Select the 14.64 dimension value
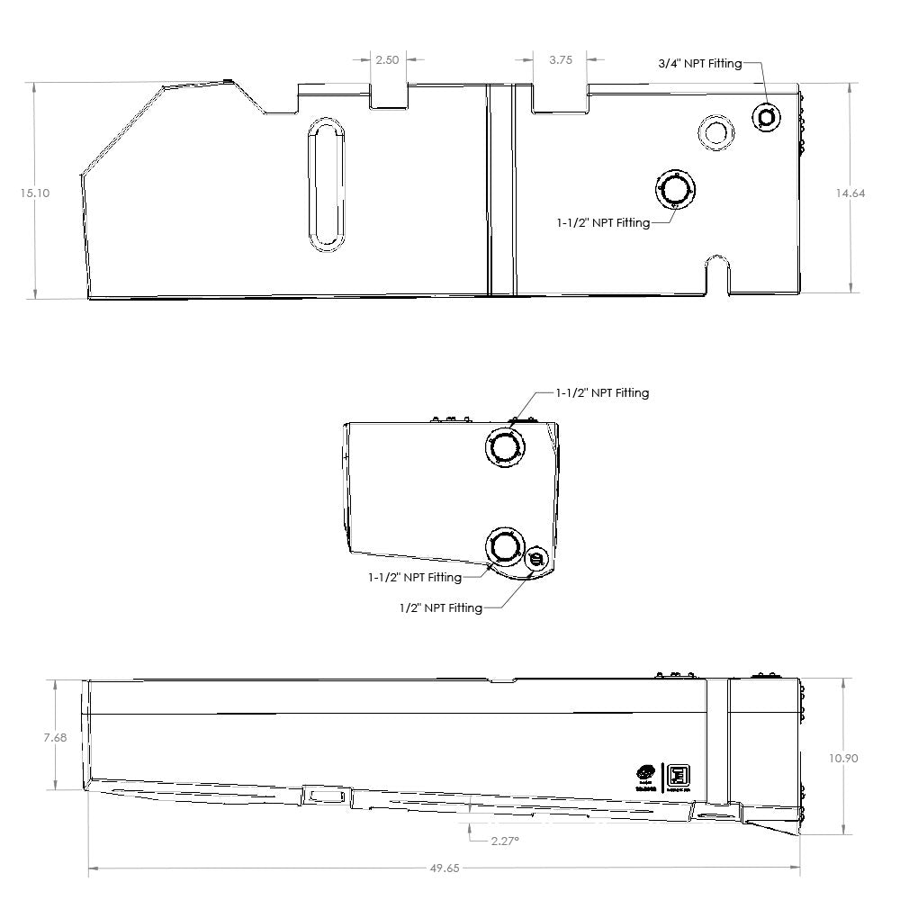[x=850, y=193]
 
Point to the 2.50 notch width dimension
[x=387, y=59]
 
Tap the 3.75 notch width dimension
[x=561, y=59]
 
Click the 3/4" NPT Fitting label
[x=699, y=63]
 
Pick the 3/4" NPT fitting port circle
[x=767, y=116]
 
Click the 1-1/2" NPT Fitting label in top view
[x=603, y=222]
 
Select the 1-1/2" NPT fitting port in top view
[x=675, y=190]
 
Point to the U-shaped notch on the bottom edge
[x=716, y=271]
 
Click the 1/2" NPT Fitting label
[x=441, y=608]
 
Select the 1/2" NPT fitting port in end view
[x=537, y=560]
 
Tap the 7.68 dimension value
[x=55, y=738]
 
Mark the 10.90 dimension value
[x=843, y=758]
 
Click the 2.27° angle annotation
[x=505, y=841]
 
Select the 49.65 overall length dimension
[x=445, y=868]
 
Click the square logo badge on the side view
[x=677, y=776]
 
